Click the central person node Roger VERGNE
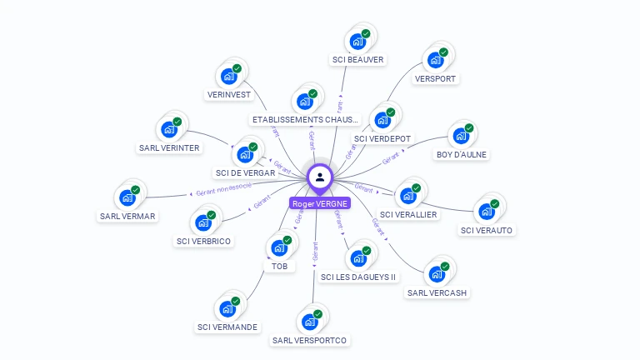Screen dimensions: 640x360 pos(320,177)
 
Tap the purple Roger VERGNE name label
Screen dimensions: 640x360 pos(320,203)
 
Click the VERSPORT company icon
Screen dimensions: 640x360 pos(435,60)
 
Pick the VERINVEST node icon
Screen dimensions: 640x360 pos(227,76)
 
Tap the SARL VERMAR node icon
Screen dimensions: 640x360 pos(127,197)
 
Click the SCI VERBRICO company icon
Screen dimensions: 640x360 pos(202,222)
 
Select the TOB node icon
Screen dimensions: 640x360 pos(278,247)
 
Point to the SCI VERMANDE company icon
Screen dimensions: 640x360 pos(227,308)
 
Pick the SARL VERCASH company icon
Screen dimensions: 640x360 pos(436,274)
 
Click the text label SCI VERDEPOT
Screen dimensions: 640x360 pos(382,138)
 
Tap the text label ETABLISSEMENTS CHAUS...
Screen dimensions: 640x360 pos(305,120)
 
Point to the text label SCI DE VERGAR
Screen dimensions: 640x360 pos(245,172)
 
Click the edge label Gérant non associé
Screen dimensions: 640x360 pos(223,189)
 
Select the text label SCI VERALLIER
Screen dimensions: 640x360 pos(408,214)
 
